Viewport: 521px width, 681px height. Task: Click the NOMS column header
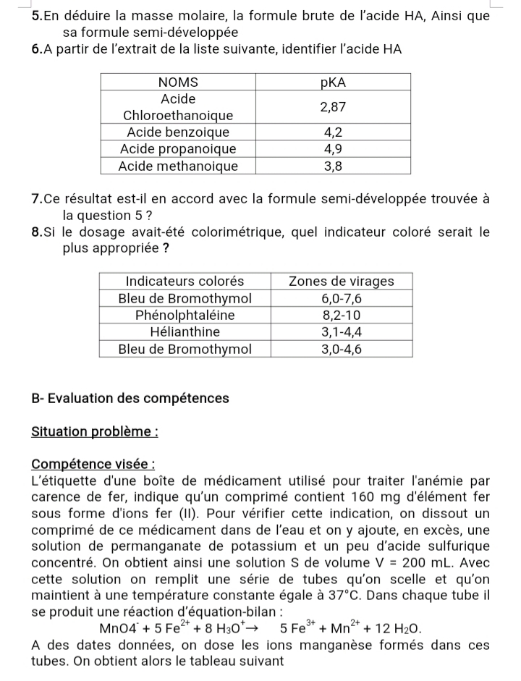(x=178, y=81)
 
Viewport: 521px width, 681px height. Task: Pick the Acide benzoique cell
(x=178, y=132)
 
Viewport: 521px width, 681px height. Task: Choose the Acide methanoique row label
(x=178, y=166)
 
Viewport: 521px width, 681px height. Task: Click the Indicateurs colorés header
(x=185, y=281)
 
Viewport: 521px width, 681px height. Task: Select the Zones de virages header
(x=342, y=281)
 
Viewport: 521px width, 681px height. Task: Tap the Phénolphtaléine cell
(x=185, y=315)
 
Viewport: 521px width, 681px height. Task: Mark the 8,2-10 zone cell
(x=342, y=315)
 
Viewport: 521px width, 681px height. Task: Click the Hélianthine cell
(x=185, y=331)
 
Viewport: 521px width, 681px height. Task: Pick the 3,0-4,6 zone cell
(x=342, y=349)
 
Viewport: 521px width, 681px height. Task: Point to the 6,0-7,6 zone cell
(x=342, y=298)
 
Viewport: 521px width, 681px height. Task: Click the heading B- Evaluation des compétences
(x=130, y=398)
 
